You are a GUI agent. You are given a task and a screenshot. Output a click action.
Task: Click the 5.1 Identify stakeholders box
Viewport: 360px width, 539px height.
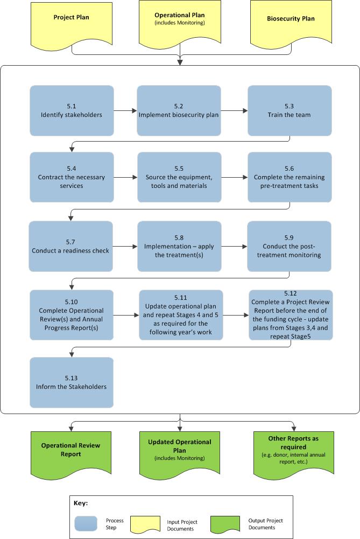coord(72,110)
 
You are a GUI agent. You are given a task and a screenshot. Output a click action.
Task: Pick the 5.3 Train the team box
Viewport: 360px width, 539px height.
coord(290,110)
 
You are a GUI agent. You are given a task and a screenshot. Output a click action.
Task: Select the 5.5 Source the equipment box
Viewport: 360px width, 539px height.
coord(179,177)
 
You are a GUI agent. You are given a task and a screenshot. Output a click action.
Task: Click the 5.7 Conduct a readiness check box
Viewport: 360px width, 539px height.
coord(72,247)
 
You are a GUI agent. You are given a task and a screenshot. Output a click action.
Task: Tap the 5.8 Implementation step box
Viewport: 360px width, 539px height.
coord(179,247)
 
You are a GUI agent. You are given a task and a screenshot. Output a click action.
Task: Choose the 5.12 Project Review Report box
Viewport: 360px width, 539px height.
coord(291,315)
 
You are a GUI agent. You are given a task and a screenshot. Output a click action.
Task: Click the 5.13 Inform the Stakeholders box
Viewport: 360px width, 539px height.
coord(72,382)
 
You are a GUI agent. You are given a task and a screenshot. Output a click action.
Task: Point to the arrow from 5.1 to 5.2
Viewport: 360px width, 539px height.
coord(125,111)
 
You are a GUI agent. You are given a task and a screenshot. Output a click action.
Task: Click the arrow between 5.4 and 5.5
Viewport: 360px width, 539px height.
coord(125,177)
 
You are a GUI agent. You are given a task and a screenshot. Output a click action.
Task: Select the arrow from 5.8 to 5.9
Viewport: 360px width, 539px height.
coord(234,247)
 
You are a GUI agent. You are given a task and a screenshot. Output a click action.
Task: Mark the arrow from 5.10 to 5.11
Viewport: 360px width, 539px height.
coord(126,316)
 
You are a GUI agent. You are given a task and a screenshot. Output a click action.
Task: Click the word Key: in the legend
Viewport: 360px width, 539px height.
coord(81,503)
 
